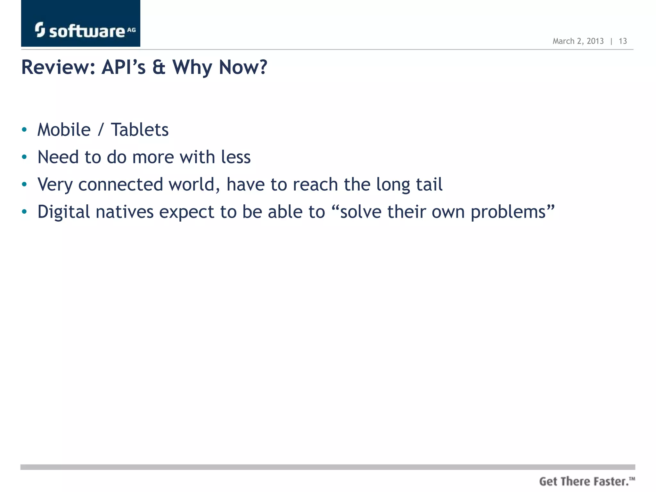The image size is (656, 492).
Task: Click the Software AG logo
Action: tap(81, 30)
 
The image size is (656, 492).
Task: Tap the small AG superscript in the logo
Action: tap(131, 30)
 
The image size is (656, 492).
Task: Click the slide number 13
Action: tap(623, 41)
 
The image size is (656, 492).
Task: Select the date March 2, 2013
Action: tap(578, 41)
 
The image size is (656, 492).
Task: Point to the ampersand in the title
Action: tap(159, 67)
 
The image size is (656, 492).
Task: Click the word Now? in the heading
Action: tap(242, 67)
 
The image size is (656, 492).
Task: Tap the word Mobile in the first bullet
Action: tap(64, 130)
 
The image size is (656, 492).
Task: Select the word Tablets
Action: tap(140, 130)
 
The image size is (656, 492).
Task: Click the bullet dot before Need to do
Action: tap(24, 157)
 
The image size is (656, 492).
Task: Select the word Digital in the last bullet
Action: tap(64, 212)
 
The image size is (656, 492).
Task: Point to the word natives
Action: tap(125, 212)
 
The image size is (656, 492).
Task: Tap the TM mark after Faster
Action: tap(632, 479)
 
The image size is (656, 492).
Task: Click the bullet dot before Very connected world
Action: tap(24, 184)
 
